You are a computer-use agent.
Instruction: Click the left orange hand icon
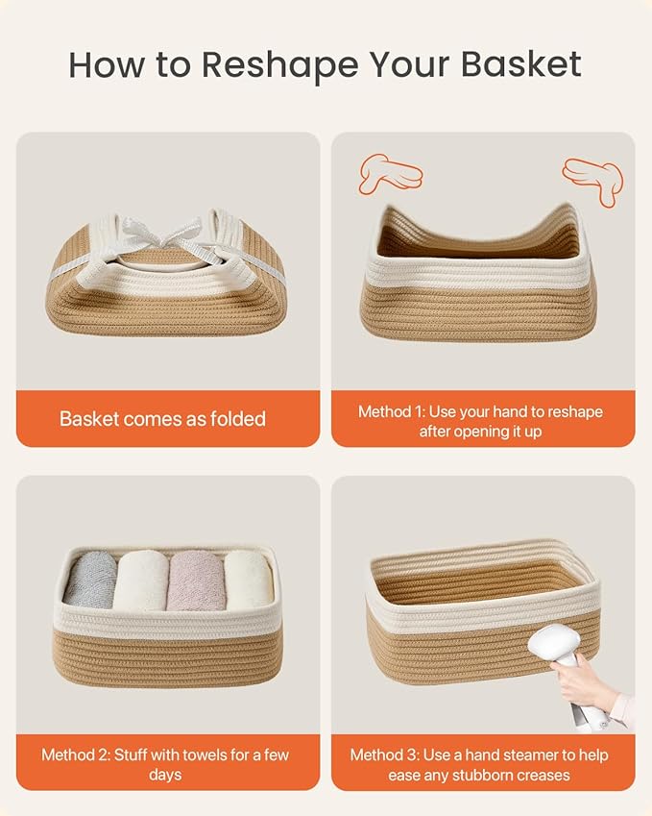[389, 173]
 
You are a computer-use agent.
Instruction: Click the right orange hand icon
[593, 180]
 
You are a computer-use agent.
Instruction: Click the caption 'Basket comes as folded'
[162, 419]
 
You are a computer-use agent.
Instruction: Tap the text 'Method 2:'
[77, 754]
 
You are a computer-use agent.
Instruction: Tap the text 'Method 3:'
[386, 754]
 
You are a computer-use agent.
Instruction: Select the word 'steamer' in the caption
[531, 754]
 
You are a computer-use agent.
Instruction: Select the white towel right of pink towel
[249, 579]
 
